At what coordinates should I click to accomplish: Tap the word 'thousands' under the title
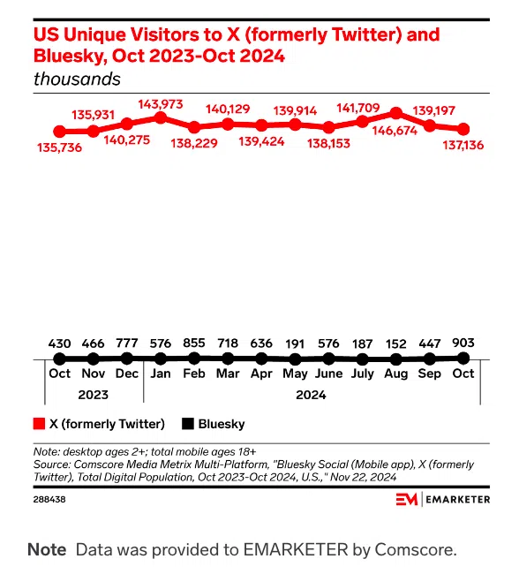point(77,79)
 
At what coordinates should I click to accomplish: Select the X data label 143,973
point(159,104)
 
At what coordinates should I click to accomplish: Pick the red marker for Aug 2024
point(396,113)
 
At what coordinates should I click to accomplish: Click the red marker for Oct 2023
point(60,132)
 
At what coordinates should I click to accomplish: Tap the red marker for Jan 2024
point(161,117)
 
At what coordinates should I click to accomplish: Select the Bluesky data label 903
point(463,342)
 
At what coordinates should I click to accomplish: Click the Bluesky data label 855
point(193,342)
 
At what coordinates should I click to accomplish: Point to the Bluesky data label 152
point(395,342)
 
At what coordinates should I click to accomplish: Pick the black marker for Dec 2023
point(127,359)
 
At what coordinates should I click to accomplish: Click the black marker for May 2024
point(295,359)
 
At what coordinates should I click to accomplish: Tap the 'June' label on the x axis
point(328,374)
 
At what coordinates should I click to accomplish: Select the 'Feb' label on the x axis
point(193,374)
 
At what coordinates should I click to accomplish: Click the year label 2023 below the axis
point(93,395)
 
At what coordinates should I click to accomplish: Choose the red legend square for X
point(39,424)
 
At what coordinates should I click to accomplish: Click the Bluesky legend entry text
point(222,424)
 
